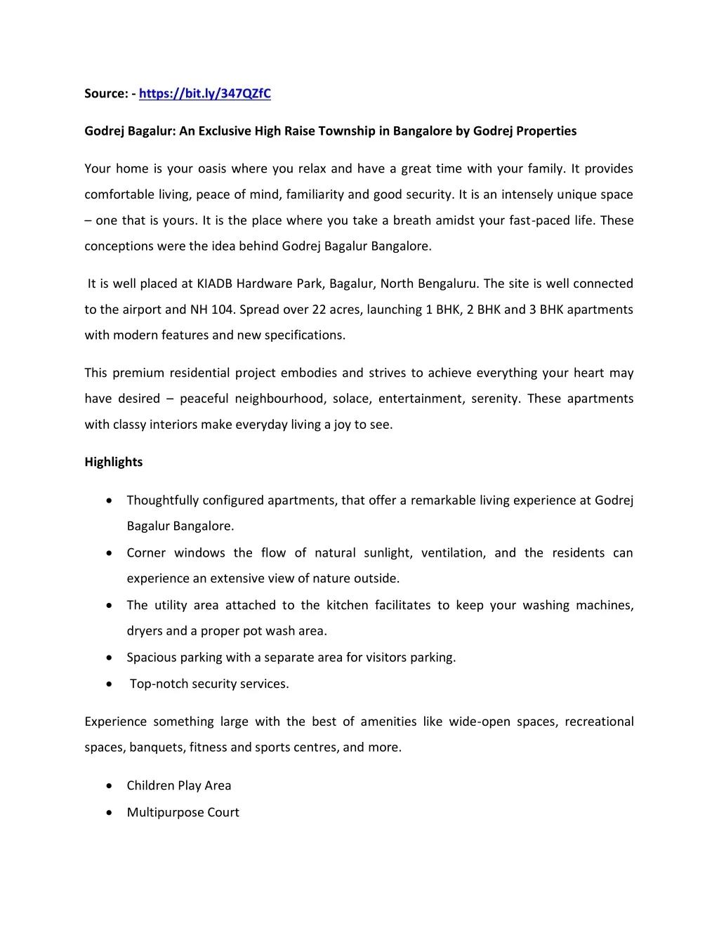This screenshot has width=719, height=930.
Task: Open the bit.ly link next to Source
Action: [204, 94]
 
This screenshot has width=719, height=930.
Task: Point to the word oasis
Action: [211, 169]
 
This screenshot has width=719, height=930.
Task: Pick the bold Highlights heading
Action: [114, 463]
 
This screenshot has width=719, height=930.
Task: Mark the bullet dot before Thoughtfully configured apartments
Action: [109, 500]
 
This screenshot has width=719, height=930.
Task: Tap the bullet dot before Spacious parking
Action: [109, 658]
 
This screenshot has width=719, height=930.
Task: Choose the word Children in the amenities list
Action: [150, 786]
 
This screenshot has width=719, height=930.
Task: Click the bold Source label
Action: [106, 94]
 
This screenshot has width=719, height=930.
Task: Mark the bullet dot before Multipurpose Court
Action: [109, 813]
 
